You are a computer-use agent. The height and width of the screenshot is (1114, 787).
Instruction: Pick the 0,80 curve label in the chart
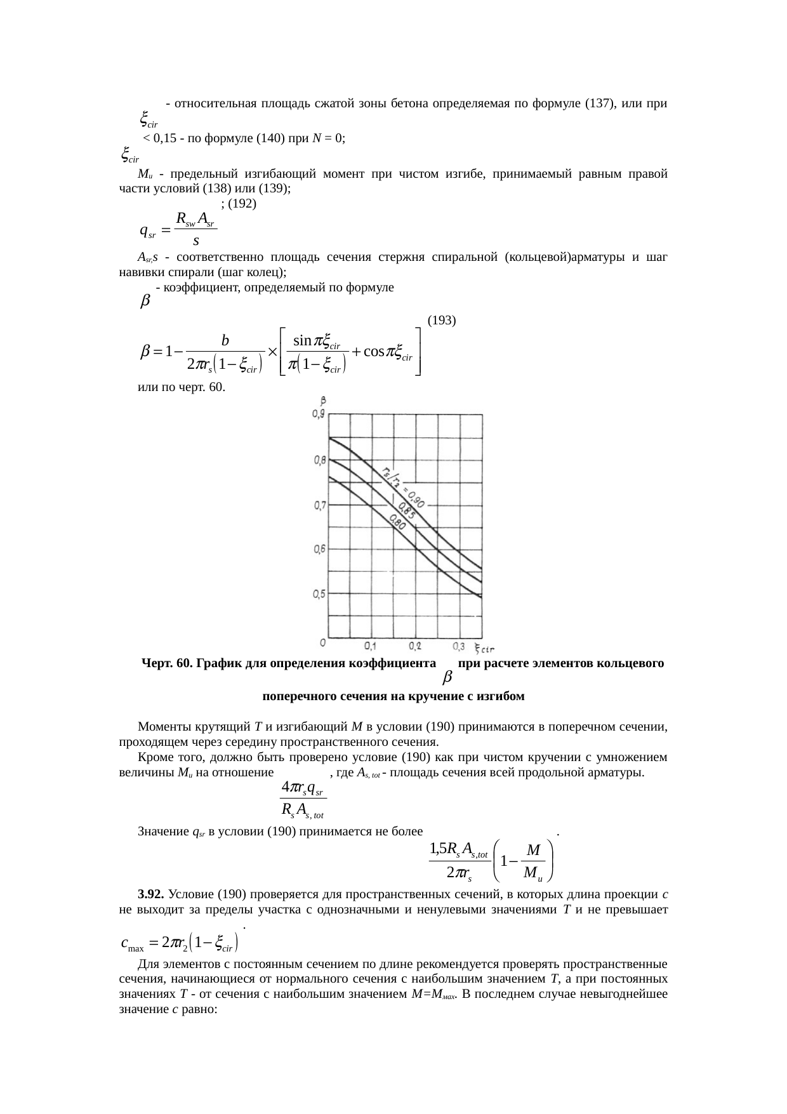point(398,522)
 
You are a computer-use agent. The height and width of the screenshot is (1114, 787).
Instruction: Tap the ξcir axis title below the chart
point(486,647)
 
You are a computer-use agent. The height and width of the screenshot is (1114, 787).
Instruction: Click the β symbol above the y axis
point(324,401)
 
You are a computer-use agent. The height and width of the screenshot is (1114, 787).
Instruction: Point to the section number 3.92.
point(150,894)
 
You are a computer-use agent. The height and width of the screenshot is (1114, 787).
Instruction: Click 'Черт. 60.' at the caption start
point(167,663)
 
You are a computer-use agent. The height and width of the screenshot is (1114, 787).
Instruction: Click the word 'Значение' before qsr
point(162,832)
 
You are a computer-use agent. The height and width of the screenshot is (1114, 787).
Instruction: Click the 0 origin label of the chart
point(323,642)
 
